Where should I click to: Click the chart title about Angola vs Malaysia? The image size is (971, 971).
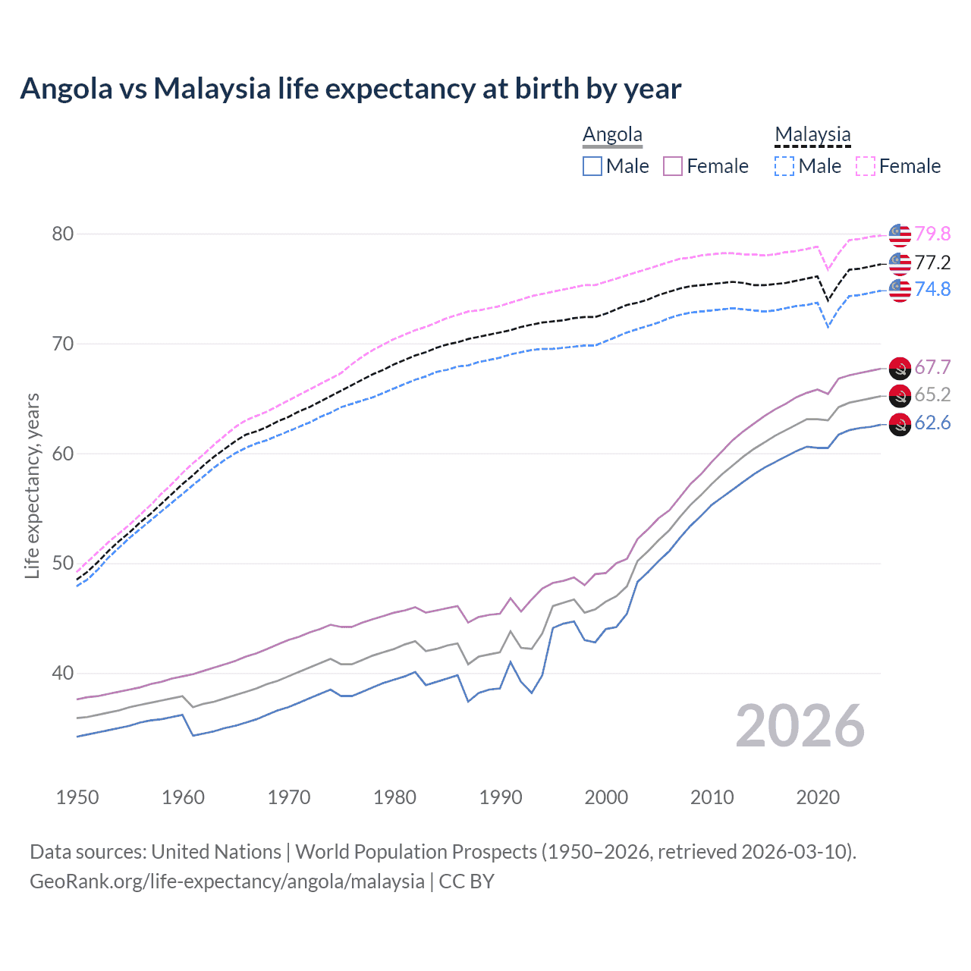click(x=350, y=89)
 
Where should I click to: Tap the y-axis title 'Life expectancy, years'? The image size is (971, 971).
click(x=32, y=485)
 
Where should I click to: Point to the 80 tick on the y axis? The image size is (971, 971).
click(x=63, y=234)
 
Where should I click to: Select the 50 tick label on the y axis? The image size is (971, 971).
click(x=63, y=564)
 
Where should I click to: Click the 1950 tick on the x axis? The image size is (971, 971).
click(x=77, y=797)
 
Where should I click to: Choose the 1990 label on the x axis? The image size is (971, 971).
click(x=501, y=797)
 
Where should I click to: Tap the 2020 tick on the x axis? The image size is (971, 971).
click(x=818, y=797)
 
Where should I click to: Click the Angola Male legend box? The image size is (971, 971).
click(x=592, y=166)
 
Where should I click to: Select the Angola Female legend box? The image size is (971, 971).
click(x=673, y=166)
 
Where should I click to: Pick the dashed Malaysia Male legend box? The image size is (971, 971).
click(x=784, y=166)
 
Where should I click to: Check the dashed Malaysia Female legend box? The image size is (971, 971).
click(x=866, y=166)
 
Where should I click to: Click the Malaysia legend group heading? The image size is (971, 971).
click(x=812, y=134)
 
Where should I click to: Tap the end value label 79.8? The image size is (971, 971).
click(x=932, y=234)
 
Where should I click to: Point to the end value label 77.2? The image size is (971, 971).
click(x=932, y=262)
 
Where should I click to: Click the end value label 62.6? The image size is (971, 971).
click(x=932, y=423)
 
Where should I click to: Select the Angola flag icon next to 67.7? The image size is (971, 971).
click(x=900, y=368)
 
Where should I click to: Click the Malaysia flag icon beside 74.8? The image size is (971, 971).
click(x=900, y=290)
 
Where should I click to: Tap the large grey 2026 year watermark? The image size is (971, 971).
click(x=800, y=726)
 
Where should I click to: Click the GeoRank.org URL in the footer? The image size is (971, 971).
click(x=227, y=881)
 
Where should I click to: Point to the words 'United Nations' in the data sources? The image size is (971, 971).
click(x=216, y=852)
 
